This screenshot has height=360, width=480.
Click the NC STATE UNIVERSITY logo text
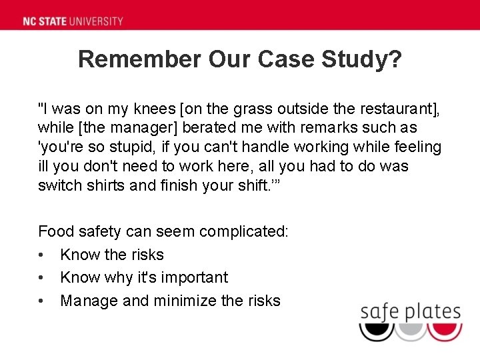click(73, 21)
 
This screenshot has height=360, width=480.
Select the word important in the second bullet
click(197, 278)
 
